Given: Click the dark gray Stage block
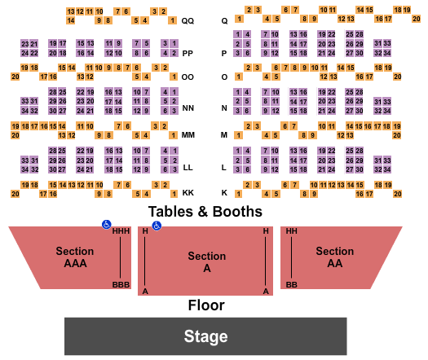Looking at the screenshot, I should (205, 336).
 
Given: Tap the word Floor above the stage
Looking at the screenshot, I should (206, 305).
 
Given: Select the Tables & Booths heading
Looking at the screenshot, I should (205, 212).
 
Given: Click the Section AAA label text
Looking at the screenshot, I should (74, 257).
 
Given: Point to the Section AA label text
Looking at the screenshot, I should (334, 257).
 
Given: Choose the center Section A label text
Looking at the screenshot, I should (206, 261).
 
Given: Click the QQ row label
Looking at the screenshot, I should (188, 20).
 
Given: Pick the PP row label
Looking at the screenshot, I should (188, 53).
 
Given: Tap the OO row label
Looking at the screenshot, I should (188, 77).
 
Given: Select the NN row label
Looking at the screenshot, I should (188, 108).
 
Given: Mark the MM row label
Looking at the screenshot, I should (188, 135).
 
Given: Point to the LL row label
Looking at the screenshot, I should (188, 167).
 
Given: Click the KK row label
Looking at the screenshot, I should (188, 193).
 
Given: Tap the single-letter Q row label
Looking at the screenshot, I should (224, 20).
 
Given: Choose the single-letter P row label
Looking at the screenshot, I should (224, 53).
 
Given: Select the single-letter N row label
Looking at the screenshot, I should (224, 108).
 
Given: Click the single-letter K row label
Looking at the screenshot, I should (224, 193).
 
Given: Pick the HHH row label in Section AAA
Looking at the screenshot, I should (121, 231).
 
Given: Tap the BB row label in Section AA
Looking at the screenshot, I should (291, 285).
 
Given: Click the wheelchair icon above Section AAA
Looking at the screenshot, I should (106, 224).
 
